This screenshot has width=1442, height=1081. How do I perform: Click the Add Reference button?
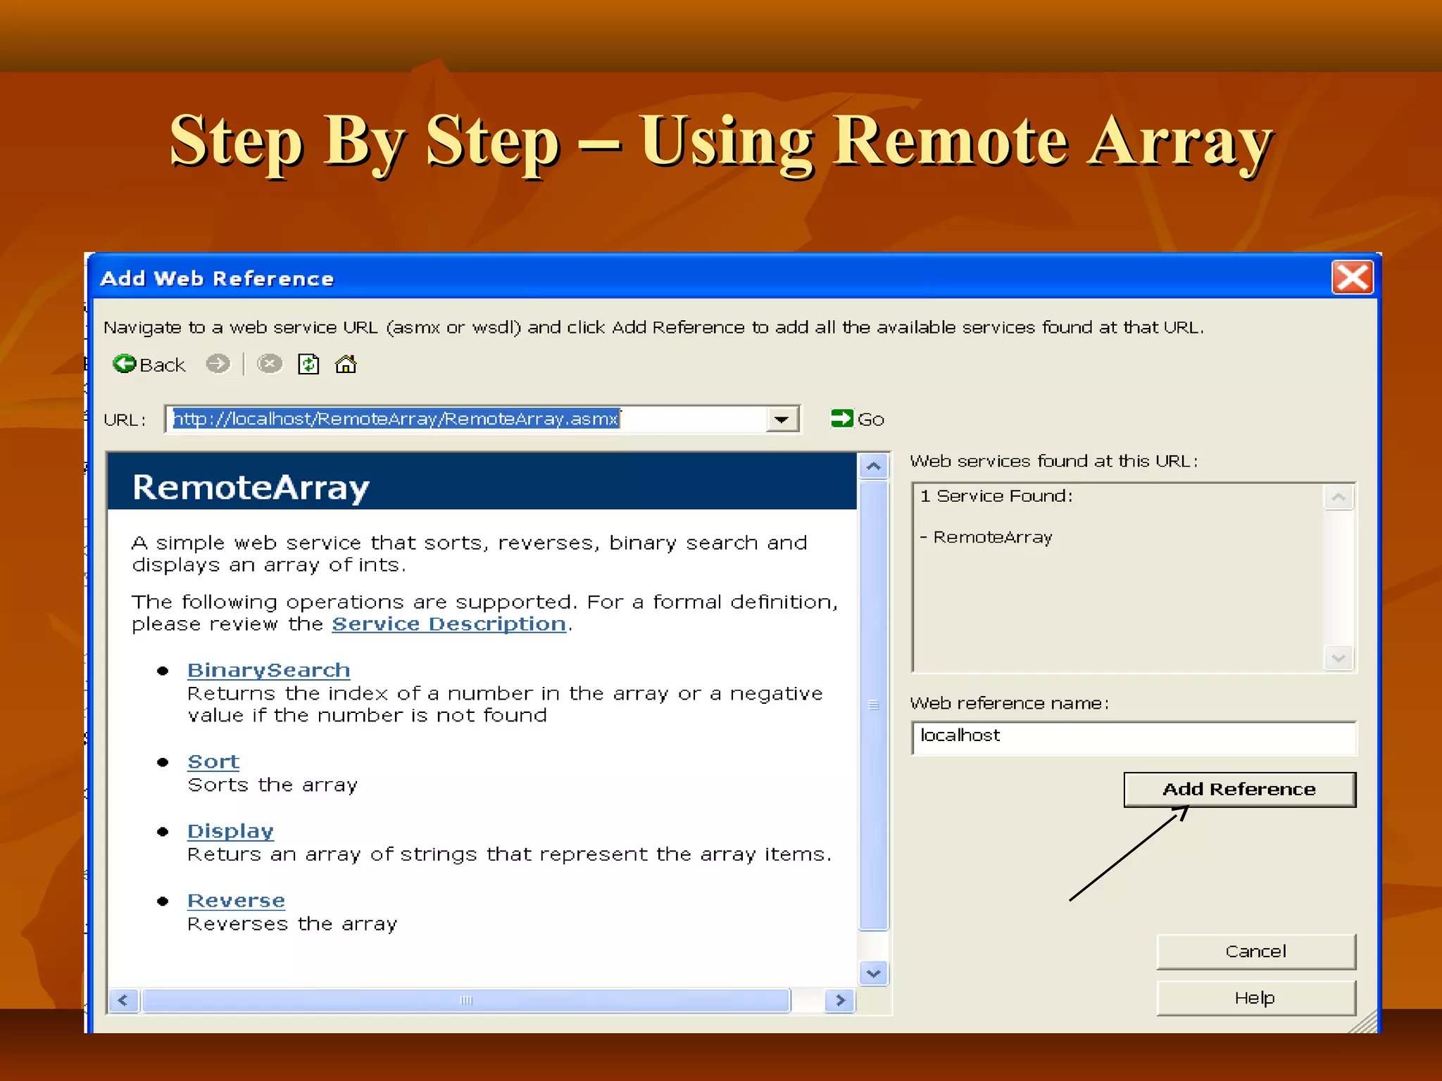click(x=1239, y=789)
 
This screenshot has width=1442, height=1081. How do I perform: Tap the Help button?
click(x=1255, y=998)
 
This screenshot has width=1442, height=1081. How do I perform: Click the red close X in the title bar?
click(x=1352, y=277)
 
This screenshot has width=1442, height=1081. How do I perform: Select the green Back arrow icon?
click(x=125, y=364)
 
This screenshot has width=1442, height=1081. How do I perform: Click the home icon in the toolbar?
click(x=346, y=364)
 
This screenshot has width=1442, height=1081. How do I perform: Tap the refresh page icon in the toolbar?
click(x=308, y=364)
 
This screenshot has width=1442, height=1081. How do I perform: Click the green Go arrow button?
click(x=842, y=419)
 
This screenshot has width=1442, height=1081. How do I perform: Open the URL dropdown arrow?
click(x=781, y=419)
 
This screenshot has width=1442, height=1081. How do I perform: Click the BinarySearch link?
click(x=268, y=670)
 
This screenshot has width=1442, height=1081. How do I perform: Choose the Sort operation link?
click(x=213, y=761)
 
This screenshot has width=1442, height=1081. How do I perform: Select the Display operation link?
click(x=230, y=831)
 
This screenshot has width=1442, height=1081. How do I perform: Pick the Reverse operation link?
click(x=236, y=901)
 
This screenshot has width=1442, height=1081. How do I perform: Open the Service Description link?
click(x=449, y=624)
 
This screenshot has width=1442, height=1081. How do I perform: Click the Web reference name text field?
click(x=1134, y=737)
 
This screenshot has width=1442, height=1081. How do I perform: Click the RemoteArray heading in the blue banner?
click(x=251, y=488)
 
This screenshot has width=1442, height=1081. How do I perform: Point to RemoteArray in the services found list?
click(x=992, y=538)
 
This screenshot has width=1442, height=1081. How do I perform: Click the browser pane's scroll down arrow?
click(x=874, y=974)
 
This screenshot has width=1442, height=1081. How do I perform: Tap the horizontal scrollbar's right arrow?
click(x=840, y=1000)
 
